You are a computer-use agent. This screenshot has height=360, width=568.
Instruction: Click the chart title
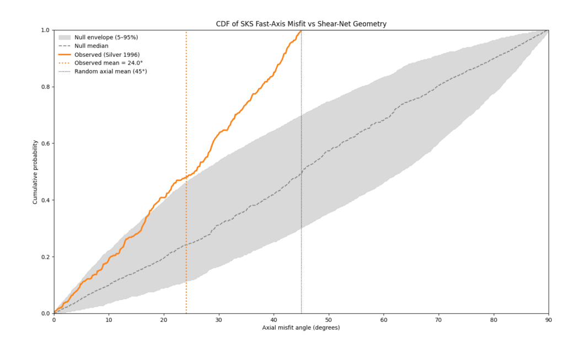click(x=301, y=24)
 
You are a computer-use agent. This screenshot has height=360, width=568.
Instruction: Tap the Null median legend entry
click(x=92, y=46)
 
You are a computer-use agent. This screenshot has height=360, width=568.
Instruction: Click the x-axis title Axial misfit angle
click(x=301, y=327)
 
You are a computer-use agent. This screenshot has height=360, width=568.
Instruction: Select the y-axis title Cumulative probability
click(x=35, y=171)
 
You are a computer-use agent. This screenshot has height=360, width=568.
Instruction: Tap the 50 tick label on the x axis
click(x=329, y=319)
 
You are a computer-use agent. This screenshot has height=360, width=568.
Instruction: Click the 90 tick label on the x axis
click(x=548, y=319)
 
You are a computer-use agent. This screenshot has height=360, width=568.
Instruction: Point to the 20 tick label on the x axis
click(x=164, y=319)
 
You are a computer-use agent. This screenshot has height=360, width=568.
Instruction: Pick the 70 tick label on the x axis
click(x=438, y=319)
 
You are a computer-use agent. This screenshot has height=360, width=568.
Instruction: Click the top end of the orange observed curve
click(x=301, y=31)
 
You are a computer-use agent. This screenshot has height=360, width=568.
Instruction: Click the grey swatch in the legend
click(x=65, y=37)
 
